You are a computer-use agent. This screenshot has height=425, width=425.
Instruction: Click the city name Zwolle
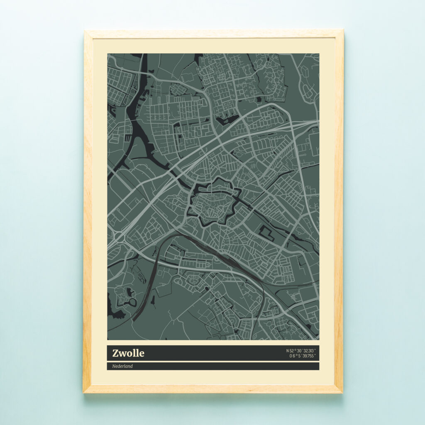(x=128, y=353)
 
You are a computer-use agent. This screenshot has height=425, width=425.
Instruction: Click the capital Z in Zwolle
(x=115, y=353)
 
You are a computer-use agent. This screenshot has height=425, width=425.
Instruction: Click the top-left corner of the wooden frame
(x=85, y=32)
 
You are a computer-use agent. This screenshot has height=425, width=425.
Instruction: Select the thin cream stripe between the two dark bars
(x=213, y=361)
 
